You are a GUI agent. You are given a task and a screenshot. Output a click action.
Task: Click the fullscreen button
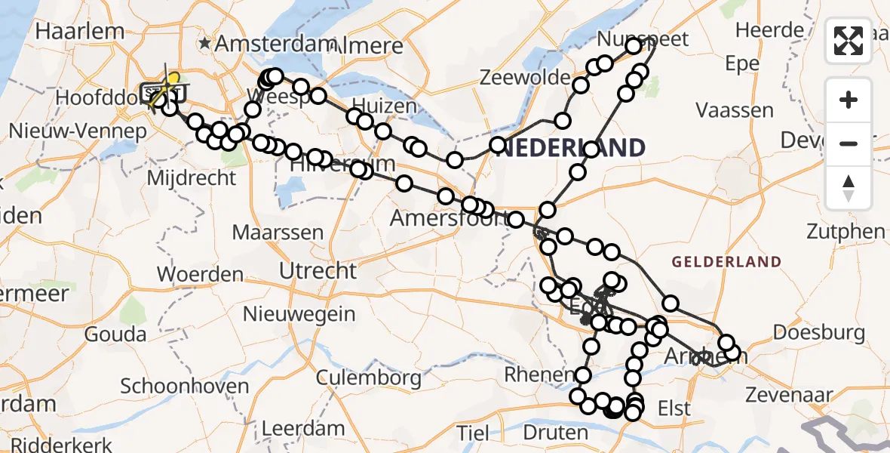(x=849, y=41)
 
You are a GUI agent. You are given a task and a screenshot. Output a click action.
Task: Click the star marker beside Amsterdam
(x=205, y=44)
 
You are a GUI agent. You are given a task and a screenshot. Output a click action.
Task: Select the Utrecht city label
(x=317, y=270)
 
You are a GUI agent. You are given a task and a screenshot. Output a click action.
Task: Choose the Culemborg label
(x=368, y=376)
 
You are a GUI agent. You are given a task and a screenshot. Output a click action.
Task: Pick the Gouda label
(x=115, y=333)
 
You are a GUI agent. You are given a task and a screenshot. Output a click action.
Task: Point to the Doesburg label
(x=818, y=333)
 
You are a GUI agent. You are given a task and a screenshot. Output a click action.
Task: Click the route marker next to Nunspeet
(x=634, y=46)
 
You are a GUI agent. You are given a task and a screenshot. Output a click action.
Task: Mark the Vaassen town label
(x=735, y=111)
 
